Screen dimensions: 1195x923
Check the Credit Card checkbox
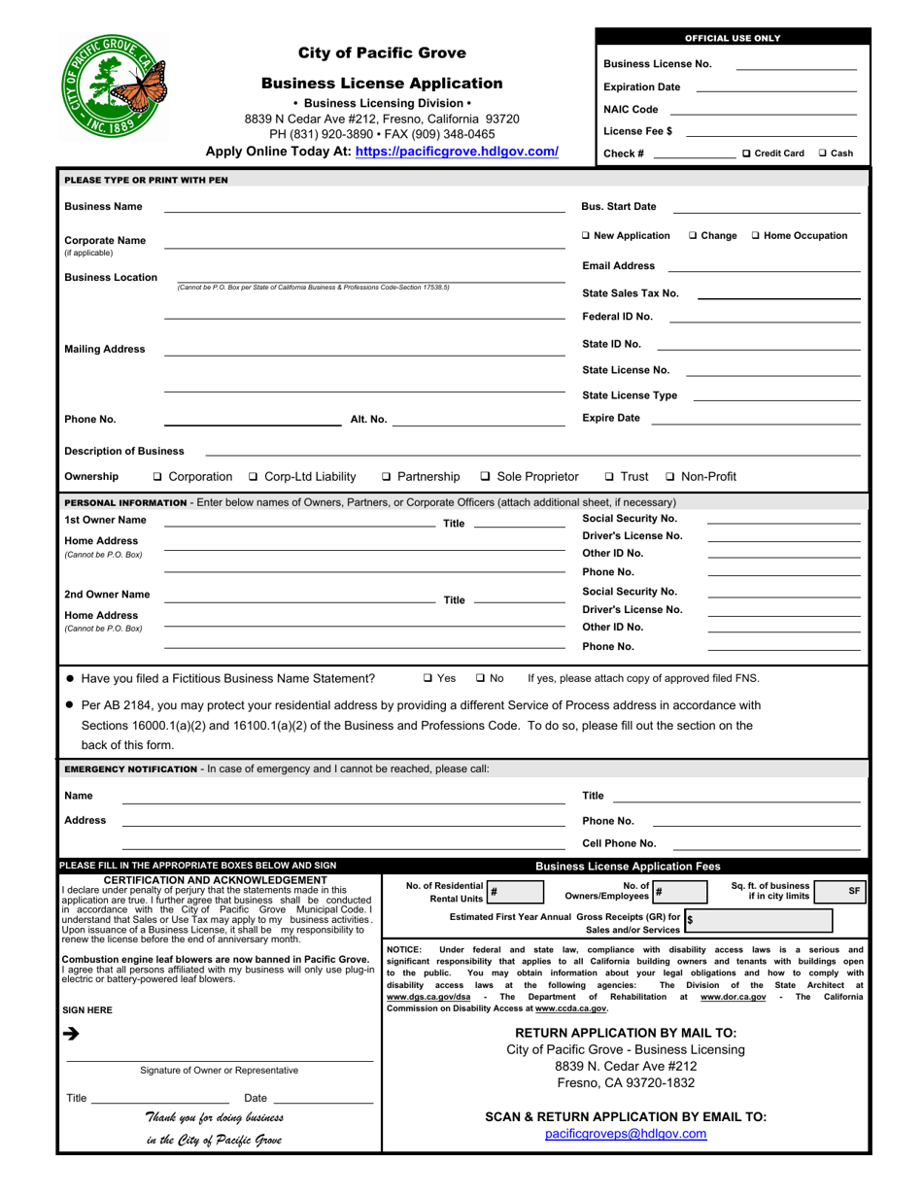[x=746, y=154]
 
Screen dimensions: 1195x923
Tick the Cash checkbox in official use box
[x=823, y=154]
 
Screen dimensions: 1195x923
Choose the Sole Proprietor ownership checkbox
[x=486, y=476]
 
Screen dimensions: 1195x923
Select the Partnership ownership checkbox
[x=388, y=476]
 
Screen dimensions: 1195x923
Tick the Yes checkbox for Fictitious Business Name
[x=428, y=678]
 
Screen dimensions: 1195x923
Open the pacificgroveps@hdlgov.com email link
[x=626, y=1134]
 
